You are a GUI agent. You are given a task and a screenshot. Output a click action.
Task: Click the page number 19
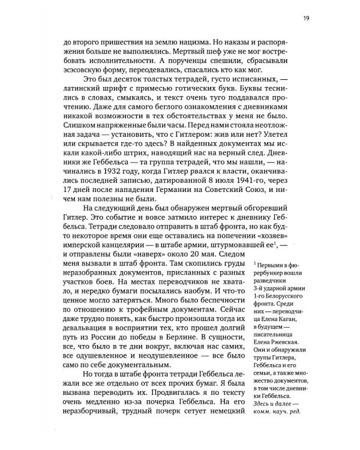pos(306,18)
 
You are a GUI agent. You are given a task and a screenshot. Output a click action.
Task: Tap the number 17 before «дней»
pos(68,197)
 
